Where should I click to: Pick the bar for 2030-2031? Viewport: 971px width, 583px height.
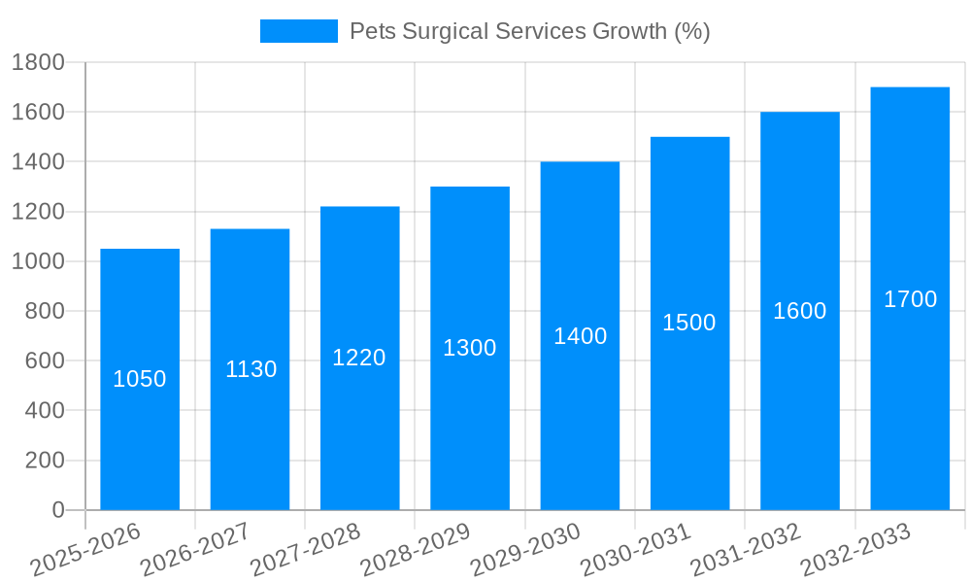689,418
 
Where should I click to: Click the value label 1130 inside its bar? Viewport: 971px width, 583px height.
251,369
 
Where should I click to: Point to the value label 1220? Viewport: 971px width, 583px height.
359,358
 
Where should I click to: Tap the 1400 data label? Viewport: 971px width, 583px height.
580,336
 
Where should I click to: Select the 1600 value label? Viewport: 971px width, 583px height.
799,311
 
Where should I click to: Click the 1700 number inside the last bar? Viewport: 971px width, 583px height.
910,299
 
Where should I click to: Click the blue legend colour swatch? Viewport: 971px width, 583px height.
298,31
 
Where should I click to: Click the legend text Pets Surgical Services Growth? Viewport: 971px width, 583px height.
529,31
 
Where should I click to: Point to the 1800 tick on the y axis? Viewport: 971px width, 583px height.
38,62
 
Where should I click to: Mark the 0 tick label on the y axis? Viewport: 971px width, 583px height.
57,510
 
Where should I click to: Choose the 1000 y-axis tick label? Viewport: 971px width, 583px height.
38,261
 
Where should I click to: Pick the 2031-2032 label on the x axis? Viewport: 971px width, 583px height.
746,550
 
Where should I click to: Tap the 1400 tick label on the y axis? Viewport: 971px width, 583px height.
38,161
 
